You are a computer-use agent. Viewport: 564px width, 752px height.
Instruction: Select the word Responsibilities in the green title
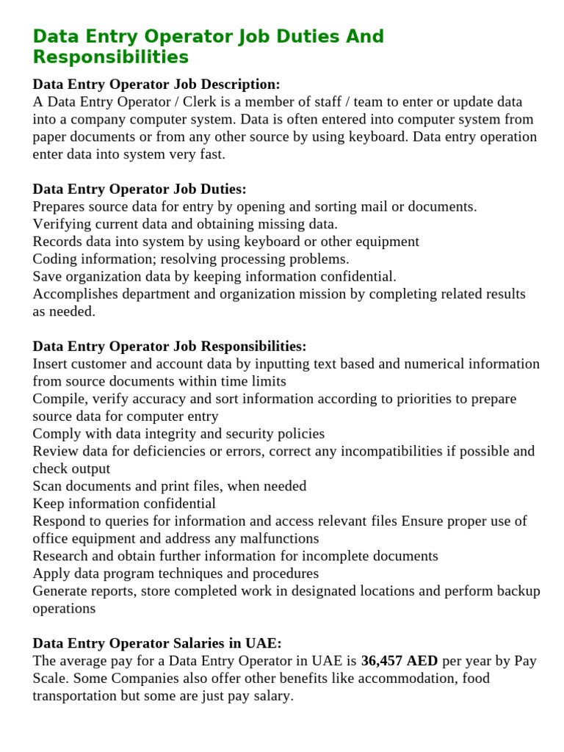point(110,57)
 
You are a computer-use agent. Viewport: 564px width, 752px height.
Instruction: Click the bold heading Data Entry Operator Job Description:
point(156,84)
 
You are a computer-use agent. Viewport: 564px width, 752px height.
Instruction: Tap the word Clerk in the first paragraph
point(200,102)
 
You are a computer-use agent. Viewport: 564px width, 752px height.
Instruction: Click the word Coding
point(56,259)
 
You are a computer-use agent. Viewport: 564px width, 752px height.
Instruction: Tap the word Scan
point(48,486)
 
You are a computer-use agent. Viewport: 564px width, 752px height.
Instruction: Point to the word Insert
point(51,364)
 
